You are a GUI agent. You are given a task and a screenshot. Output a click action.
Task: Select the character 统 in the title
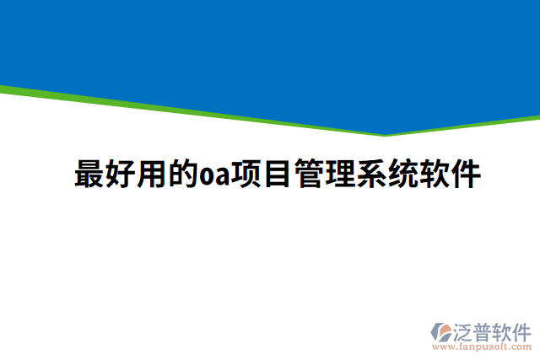pyautogui.click(x=403, y=175)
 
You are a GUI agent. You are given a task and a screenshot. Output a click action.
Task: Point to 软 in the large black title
pyautogui.click(x=435, y=175)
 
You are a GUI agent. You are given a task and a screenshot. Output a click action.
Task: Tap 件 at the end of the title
pyautogui.click(x=466, y=175)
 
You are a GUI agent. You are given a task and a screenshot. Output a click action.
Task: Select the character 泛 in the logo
pyautogui.click(x=464, y=330)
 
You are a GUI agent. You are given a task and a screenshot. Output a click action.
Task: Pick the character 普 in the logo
pyautogui.click(x=483, y=330)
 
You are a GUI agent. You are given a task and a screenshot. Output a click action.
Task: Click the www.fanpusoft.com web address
pyautogui.click(x=481, y=347)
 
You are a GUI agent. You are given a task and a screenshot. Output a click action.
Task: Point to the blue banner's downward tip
pyautogui.click(x=385, y=132)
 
